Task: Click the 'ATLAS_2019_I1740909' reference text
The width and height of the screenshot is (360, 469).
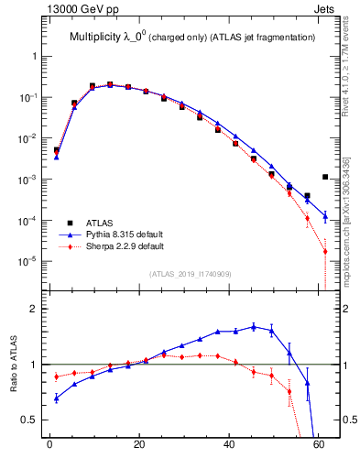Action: [191, 274]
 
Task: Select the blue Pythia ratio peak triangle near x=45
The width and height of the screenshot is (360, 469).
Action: [253, 326]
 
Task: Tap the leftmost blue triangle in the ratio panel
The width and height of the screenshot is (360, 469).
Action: [57, 398]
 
